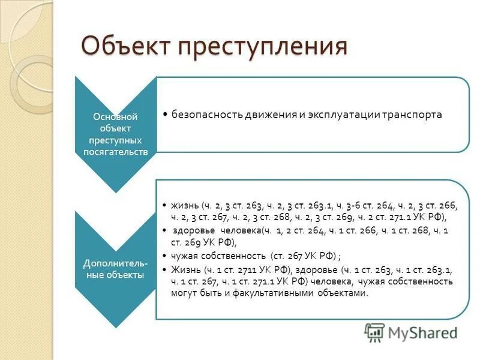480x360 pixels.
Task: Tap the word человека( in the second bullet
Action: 235,230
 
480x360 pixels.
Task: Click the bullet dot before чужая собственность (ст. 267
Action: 165,255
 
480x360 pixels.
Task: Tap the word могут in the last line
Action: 185,293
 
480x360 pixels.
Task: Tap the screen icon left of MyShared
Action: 374,332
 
